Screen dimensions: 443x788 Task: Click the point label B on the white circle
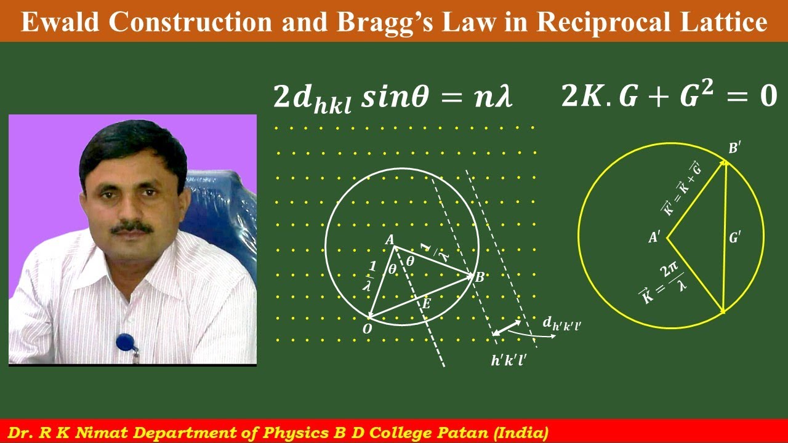[480, 277]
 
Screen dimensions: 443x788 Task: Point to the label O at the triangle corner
[368, 329]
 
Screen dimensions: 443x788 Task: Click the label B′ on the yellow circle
[734, 148]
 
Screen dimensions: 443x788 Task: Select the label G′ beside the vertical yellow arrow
[734, 237]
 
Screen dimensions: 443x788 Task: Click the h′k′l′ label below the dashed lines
[508, 361]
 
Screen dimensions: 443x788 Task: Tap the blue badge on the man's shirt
[125, 340]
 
